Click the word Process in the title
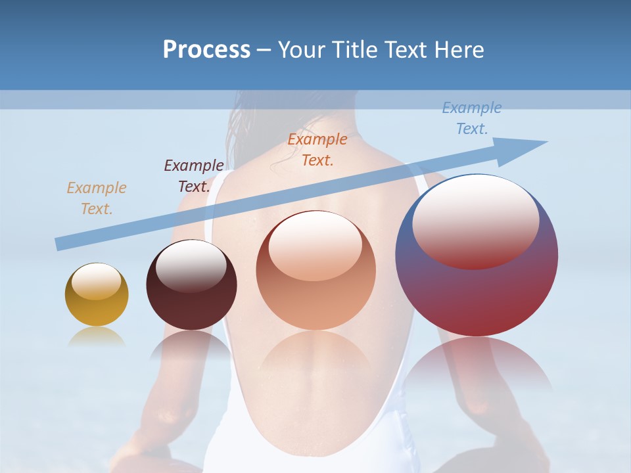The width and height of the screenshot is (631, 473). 206,50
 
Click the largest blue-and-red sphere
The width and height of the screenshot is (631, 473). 477,296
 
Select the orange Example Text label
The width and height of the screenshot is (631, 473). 317,149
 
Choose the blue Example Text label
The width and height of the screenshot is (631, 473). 472,118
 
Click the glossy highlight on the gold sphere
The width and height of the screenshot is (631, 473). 96,281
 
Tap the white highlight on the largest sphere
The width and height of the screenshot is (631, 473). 475,220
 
